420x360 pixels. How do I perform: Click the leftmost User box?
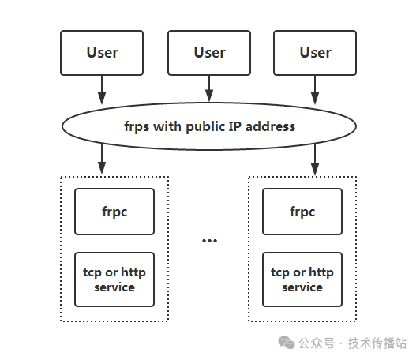pyautogui.click(x=102, y=53)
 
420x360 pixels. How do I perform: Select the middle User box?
pyautogui.click(x=209, y=53)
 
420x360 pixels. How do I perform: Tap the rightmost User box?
pyautogui.click(x=315, y=53)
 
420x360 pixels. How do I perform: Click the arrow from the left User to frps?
pyautogui.click(x=102, y=90)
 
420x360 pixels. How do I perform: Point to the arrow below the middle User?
pyautogui.click(x=209, y=88)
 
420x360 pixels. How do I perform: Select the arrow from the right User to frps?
pyautogui.click(x=315, y=90)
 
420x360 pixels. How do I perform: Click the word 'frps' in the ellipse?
pyautogui.click(x=137, y=126)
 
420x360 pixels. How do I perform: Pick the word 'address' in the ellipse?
pyautogui.click(x=270, y=126)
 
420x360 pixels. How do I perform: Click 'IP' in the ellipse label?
pyautogui.click(x=235, y=126)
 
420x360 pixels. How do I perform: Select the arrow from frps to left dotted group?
pyautogui.click(x=102, y=159)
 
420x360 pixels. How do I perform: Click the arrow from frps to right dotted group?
pyautogui.click(x=315, y=160)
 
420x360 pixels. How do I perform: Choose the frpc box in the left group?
pyautogui.click(x=114, y=212)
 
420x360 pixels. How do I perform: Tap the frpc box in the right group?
pyautogui.click(x=302, y=212)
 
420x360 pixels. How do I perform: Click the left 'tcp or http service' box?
pyautogui.click(x=114, y=279)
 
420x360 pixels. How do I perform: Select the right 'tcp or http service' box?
pyautogui.click(x=302, y=279)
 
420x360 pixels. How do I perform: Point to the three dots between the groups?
pyautogui.click(x=209, y=241)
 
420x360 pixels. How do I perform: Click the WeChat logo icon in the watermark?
pyautogui.click(x=287, y=343)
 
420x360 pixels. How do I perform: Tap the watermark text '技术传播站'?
pyautogui.click(x=377, y=343)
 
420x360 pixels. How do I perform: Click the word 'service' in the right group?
pyautogui.click(x=302, y=287)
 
